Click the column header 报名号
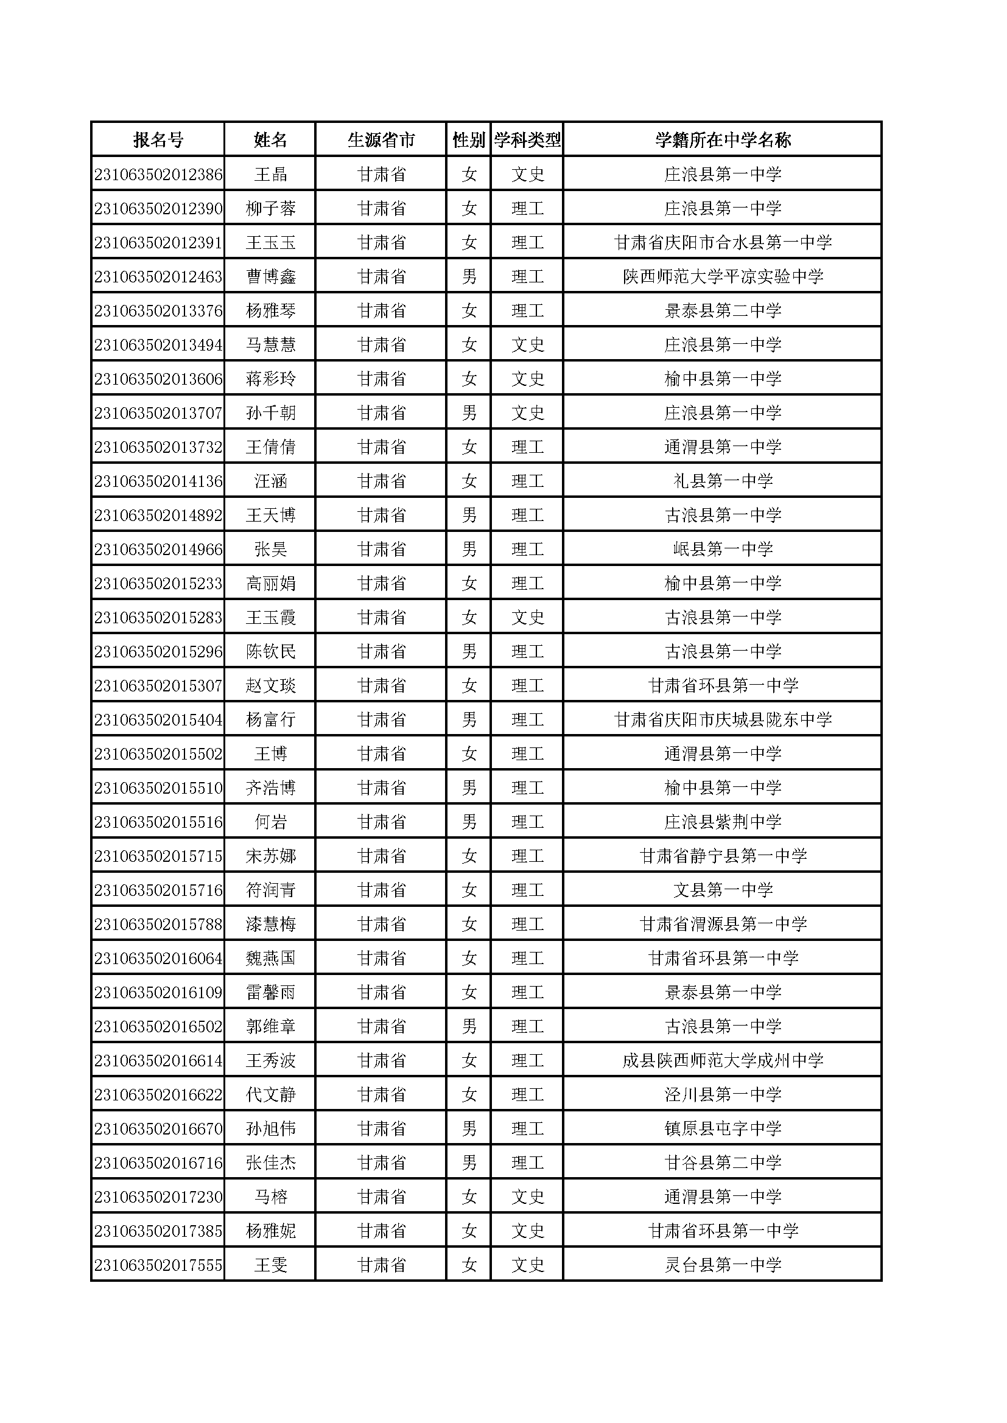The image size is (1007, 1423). [158, 140]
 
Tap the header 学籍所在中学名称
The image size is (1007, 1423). [723, 140]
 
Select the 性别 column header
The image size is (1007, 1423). [469, 140]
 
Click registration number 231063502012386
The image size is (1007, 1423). [158, 175]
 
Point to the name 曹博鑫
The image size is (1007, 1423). [270, 277]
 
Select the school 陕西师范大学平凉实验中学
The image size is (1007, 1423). [723, 277]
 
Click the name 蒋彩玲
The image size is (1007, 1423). [270, 379]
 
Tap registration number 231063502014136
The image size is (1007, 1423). [158, 481]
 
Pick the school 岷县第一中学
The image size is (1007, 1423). [723, 550]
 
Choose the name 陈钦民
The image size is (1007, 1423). [270, 652]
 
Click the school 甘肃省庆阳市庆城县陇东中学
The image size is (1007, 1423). [723, 720]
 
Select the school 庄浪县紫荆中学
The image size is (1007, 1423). [723, 822]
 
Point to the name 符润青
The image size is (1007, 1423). [270, 890]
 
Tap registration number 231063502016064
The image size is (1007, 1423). [158, 959]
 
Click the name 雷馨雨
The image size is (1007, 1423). [270, 993]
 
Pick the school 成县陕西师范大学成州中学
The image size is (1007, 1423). [723, 1061]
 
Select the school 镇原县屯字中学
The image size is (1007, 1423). [723, 1129]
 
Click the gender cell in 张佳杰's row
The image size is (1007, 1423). [469, 1163]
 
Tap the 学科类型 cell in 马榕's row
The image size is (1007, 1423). [527, 1197]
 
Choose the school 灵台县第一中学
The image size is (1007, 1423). [723, 1265]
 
